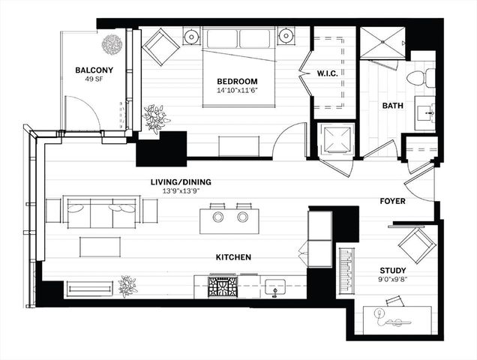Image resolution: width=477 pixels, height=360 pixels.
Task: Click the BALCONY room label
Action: tap(94, 71)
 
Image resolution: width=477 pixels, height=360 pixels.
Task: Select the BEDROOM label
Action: tap(237, 82)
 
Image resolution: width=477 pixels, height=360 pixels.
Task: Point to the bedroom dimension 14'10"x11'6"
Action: tap(237, 91)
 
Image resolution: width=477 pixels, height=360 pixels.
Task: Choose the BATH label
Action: tap(393, 106)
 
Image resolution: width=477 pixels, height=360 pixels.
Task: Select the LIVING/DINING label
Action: tap(180, 181)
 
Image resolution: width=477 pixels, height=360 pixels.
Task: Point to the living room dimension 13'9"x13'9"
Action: tap(180, 191)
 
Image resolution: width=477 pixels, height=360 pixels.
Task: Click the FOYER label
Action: tap(392, 201)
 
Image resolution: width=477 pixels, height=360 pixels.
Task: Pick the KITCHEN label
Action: tap(233, 257)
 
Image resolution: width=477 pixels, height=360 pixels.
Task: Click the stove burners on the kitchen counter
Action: tap(223, 286)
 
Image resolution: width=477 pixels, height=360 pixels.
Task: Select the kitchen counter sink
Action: tap(274, 287)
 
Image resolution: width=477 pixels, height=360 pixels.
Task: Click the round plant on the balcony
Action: tap(112, 44)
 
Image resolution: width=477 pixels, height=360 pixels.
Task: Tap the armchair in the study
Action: tap(415, 244)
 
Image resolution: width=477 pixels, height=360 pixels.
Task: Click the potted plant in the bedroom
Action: tap(157, 118)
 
